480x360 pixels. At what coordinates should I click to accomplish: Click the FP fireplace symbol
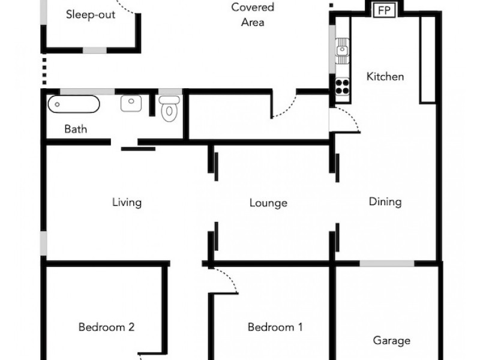point(384,10)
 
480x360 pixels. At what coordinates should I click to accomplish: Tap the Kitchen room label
point(385,77)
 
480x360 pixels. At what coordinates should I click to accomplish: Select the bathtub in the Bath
point(74,104)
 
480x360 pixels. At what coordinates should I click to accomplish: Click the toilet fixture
point(169,109)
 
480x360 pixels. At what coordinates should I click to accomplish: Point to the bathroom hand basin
point(131,103)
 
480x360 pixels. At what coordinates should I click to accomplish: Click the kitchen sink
point(342,50)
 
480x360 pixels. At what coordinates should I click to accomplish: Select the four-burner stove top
point(342,86)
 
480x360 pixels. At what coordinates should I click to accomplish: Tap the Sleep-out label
point(91,14)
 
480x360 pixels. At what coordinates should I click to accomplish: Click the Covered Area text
point(253,14)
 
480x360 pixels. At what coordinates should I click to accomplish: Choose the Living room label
point(127,202)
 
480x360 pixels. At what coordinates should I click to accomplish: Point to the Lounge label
point(268,203)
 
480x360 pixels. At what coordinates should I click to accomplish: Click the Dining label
point(385,202)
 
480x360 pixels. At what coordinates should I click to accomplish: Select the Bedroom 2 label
point(106,327)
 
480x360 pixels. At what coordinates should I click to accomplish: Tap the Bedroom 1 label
point(275,327)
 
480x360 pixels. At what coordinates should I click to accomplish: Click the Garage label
point(392,340)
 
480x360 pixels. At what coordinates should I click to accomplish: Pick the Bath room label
point(76,129)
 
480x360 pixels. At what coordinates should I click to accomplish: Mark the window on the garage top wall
point(387,263)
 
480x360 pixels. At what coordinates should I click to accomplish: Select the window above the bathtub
point(87,92)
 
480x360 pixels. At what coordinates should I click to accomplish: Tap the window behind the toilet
point(170,92)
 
